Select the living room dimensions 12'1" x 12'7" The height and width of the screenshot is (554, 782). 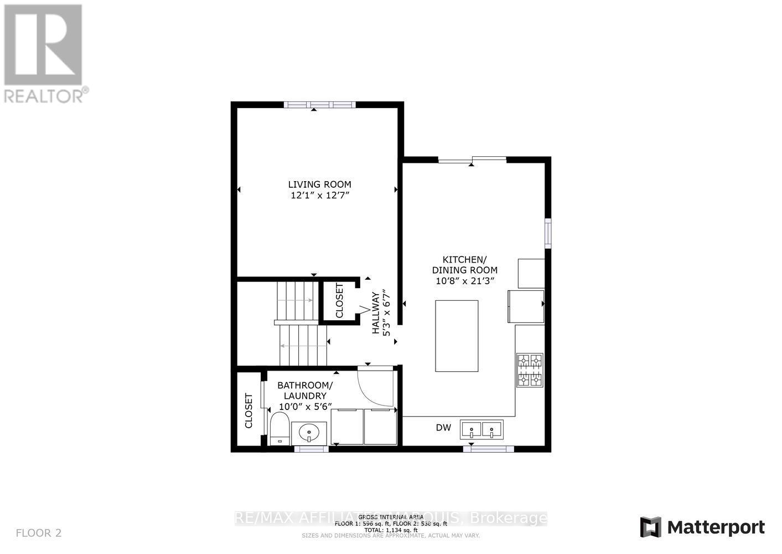(319, 196)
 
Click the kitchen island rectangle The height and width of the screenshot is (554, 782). (457, 336)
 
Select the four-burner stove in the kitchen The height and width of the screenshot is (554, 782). (530, 370)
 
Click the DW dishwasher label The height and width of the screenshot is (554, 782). (443, 428)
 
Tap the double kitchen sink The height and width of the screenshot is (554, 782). (482, 429)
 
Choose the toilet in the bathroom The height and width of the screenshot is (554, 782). (279, 430)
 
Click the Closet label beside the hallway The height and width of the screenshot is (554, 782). (339, 300)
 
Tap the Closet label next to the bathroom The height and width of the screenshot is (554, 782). (248, 411)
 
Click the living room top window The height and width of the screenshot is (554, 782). (319, 105)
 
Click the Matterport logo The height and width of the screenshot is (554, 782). (702, 527)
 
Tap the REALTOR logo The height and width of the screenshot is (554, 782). (44, 53)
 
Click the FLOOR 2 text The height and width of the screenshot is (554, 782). (39, 534)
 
